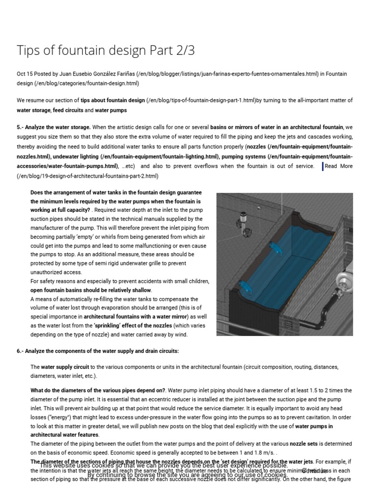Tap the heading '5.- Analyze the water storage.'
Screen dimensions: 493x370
pos(53,127)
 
